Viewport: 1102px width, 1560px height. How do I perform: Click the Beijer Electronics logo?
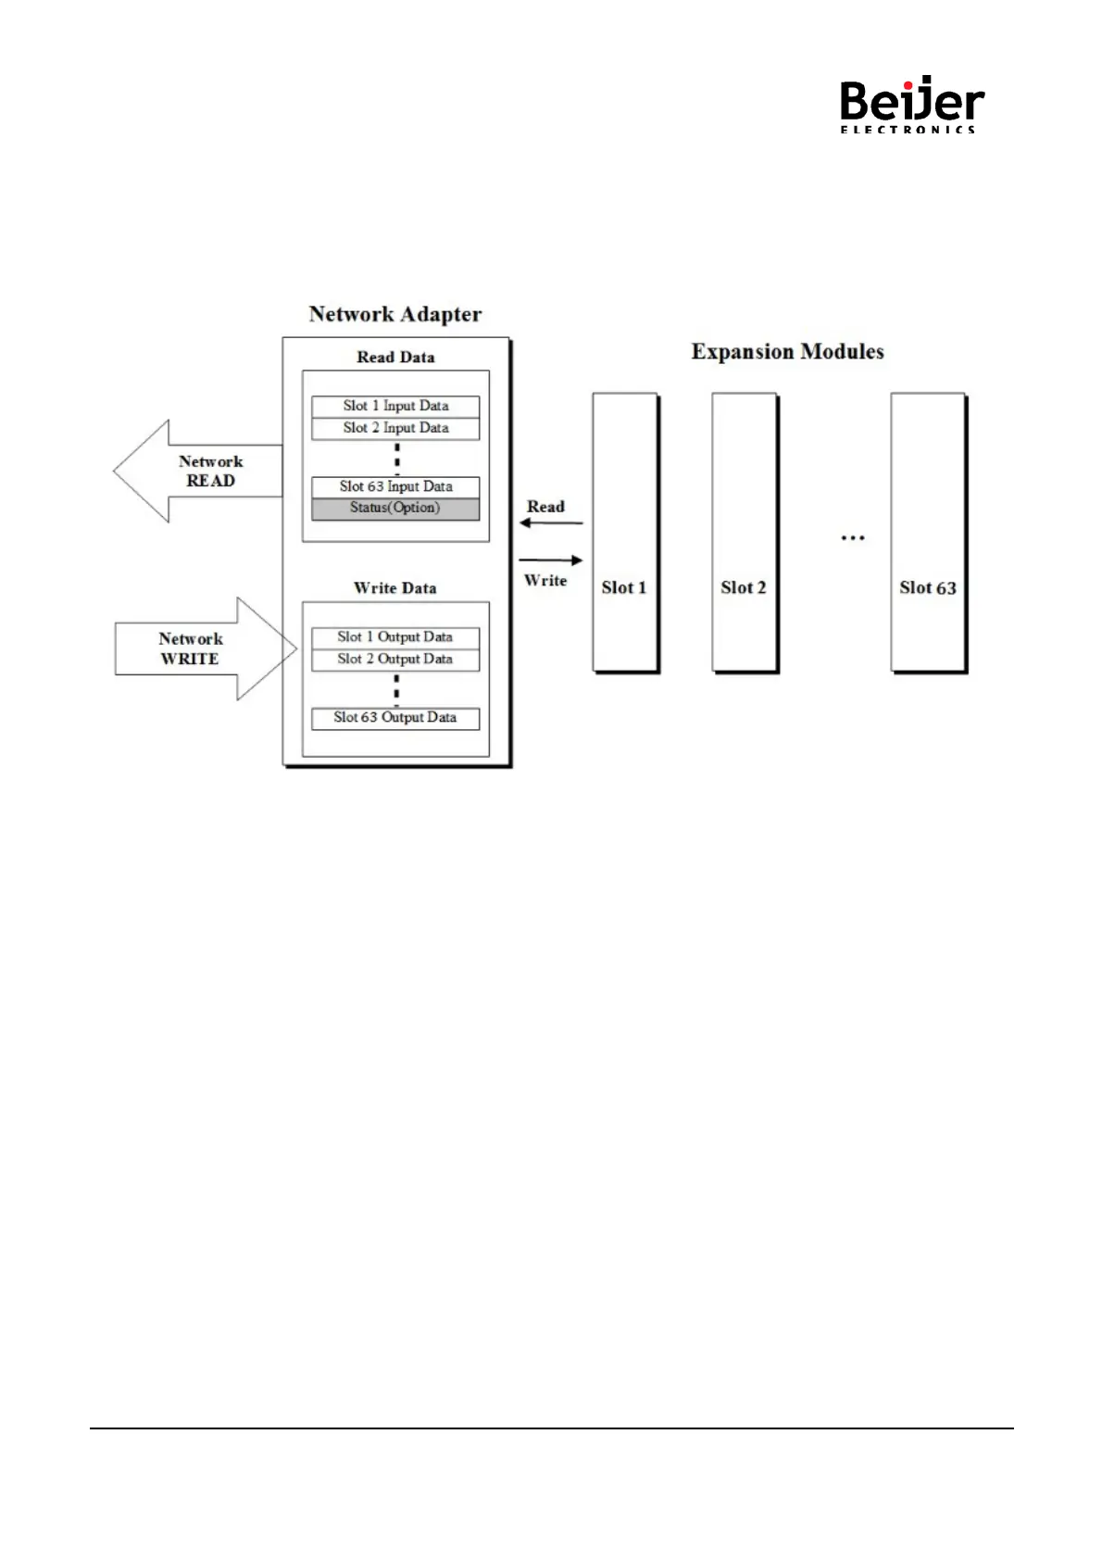[911, 106]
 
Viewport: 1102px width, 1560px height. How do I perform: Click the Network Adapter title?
[395, 314]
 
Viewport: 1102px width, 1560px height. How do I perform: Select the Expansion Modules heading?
[787, 352]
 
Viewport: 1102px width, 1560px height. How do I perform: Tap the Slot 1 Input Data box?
[395, 406]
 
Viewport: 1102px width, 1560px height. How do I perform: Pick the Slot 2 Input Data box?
[395, 428]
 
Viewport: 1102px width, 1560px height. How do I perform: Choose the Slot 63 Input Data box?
[395, 486]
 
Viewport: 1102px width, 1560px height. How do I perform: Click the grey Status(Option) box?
[395, 509]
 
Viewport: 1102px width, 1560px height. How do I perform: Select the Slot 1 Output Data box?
[395, 637]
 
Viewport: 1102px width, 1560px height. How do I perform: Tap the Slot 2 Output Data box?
[395, 660]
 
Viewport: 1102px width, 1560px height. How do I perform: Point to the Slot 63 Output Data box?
[395, 718]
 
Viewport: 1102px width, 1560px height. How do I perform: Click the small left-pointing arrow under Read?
[550, 523]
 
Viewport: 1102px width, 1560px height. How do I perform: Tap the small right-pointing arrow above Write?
[550, 560]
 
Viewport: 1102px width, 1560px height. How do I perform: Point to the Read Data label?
[395, 358]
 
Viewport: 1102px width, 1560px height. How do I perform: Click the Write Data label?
[395, 588]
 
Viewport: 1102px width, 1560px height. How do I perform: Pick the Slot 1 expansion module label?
[624, 587]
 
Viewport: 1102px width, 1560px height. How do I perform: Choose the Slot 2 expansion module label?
[744, 587]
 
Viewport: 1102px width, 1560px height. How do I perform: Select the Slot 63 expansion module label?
[928, 587]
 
